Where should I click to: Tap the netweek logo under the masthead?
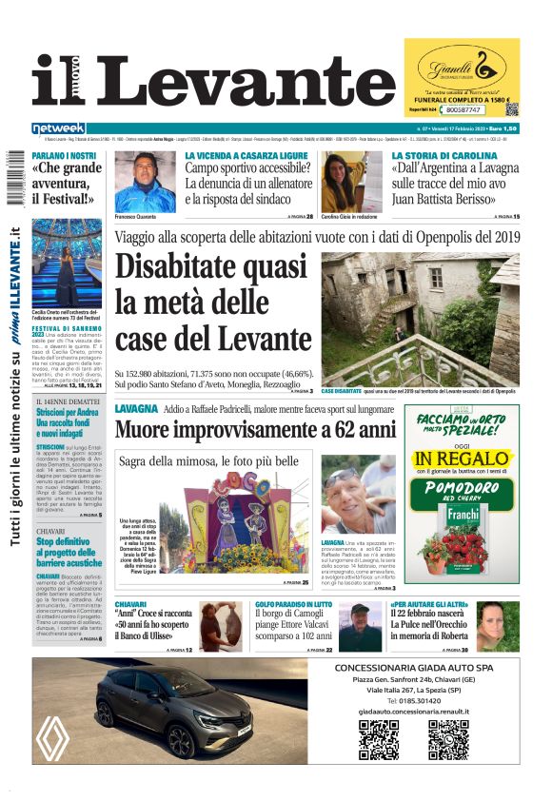(x=59, y=128)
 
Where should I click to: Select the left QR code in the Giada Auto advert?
(x=378, y=740)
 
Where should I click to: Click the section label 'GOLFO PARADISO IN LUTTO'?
(x=291, y=604)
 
